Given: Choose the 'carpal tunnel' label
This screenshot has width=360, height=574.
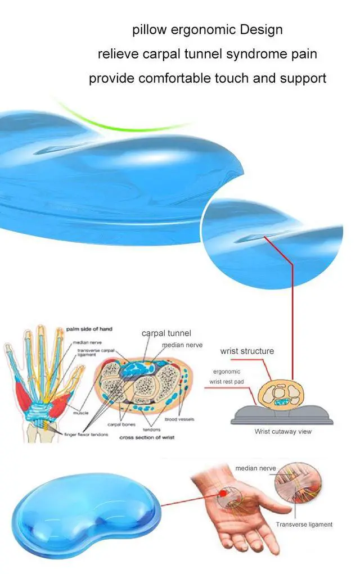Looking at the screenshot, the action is [x=166, y=333].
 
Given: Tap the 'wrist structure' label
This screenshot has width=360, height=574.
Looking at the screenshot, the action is [x=247, y=351].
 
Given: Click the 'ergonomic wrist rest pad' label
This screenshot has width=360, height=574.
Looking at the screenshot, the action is [x=226, y=376].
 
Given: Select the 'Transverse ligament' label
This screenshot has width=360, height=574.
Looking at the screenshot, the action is [x=304, y=525].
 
